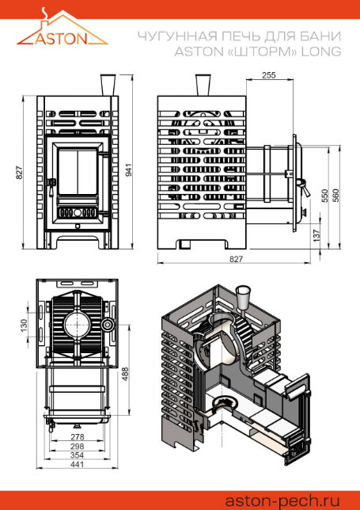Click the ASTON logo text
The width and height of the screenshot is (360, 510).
[x=62, y=38]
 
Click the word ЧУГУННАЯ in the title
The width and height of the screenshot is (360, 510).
[x=178, y=36]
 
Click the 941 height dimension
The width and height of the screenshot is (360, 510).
[x=129, y=169]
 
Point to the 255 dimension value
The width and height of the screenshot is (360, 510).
[x=269, y=75]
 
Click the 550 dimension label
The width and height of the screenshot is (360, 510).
[x=324, y=196]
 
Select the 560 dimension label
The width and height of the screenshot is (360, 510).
[x=335, y=196]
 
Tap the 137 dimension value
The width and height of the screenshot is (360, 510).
[x=316, y=235]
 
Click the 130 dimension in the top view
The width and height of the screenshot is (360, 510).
[x=24, y=325]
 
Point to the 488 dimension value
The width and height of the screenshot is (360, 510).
[x=126, y=374]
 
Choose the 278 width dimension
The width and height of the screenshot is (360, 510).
[x=77, y=437]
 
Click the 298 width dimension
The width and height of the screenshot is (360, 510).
[x=77, y=447]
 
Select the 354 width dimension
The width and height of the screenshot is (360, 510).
[x=77, y=455]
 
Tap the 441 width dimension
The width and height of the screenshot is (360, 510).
[x=77, y=464]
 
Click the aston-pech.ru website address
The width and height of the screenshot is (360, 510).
[x=282, y=500]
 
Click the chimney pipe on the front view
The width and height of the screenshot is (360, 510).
[x=108, y=86]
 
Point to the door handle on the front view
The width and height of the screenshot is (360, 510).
[x=51, y=188]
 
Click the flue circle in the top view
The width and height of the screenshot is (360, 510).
[x=78, y=325]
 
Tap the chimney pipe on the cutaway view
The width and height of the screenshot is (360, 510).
[x=243, y=299]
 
